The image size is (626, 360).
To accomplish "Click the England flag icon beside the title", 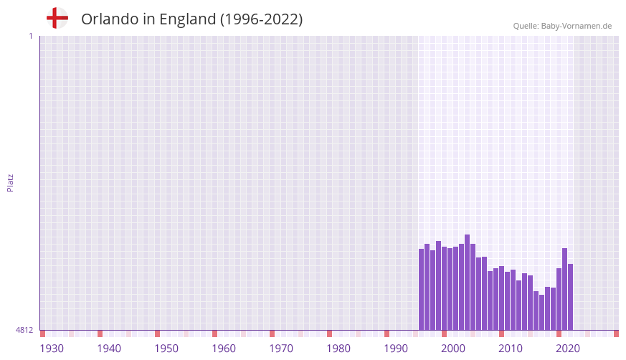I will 57,18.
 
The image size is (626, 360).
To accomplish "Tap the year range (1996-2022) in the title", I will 261,19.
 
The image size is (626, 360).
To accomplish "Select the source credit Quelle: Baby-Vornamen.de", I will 562,26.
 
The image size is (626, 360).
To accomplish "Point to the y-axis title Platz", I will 10,182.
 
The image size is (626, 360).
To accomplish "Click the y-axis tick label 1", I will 30,36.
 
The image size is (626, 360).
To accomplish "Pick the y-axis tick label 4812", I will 24,330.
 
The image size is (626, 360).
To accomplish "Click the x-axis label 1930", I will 52,349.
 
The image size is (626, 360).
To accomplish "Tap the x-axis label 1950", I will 166,349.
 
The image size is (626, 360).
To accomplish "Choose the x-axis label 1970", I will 281,349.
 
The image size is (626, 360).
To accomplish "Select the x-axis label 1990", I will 396,349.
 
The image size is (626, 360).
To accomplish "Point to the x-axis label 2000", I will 453,349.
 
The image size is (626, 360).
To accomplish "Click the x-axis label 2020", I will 568,349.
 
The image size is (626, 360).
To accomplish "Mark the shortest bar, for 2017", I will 541,312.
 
